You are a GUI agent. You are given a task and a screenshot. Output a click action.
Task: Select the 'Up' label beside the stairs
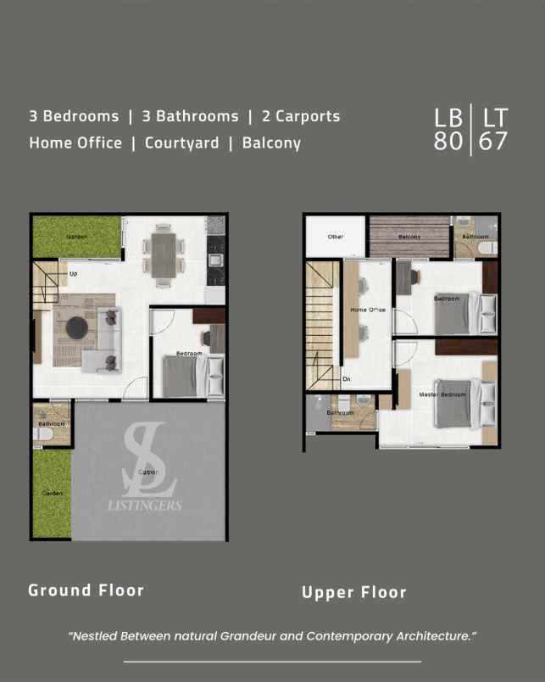tap(74, 274)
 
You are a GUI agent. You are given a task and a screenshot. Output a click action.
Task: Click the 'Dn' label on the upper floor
tap(347, 379)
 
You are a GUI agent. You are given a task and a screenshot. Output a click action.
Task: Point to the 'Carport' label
tap(149, 472)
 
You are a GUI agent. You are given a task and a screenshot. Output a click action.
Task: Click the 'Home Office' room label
tap(368, 310)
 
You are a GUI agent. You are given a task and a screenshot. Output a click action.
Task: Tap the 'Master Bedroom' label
tap(443, 394)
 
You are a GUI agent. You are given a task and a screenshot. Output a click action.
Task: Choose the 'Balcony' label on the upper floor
tap(409, 237)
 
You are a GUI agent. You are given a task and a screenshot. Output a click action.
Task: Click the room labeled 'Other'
tap(336, 237)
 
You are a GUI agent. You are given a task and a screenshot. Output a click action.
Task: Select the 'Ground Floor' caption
tap(86, 590)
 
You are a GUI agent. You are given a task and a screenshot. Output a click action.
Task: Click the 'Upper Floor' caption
tap(354, 593)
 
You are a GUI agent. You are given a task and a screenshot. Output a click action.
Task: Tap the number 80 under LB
tap(448, 141)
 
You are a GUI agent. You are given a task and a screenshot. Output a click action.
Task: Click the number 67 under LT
tap(493, 141)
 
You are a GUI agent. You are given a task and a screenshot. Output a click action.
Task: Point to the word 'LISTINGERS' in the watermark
tap(144, 506)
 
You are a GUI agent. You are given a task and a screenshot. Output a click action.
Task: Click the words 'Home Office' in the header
tap(75, 143)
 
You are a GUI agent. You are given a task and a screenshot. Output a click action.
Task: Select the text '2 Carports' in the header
tap(301, 116)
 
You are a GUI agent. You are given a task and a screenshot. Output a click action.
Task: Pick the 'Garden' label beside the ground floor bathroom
tap(52, 493)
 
